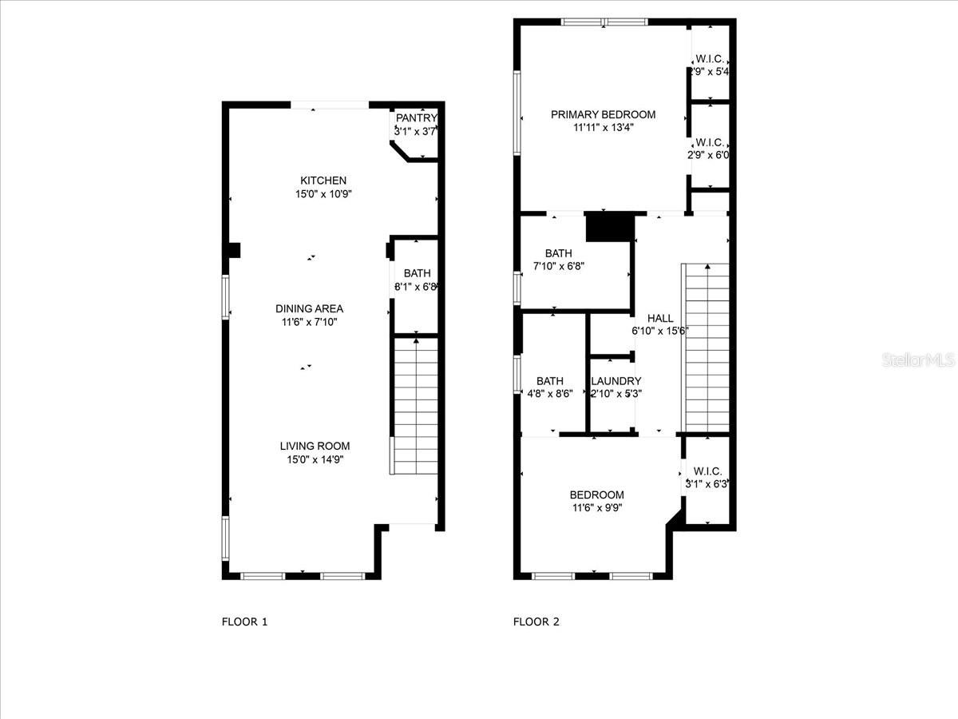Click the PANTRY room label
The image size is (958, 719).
tap(416, 118)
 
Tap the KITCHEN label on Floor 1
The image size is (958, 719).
tap(323, 181)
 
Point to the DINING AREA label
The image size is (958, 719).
tap(309, 308)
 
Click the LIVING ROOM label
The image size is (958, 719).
tap(315, 446)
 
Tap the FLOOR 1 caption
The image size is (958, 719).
tap(244, 621)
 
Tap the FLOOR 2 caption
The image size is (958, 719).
tap(536, 621)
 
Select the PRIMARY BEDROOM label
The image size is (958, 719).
tap(603, 114)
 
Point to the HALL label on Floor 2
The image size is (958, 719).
tap(660, 318)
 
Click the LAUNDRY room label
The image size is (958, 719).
tap(616, 381)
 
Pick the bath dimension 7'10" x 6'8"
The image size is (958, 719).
tap(559, 267)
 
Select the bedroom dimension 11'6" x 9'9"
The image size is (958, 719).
tap(596, 508)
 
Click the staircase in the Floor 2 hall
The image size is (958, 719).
tap(706, 348)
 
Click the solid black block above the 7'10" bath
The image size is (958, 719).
tap(609, 226)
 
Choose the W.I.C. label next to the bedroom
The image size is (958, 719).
tap(707, 471)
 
